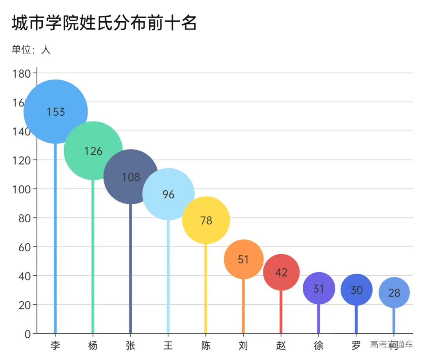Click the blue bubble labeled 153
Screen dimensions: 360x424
coord(56,112)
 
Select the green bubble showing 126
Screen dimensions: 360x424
coord(93,151)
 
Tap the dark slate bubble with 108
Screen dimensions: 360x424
coord(131,177)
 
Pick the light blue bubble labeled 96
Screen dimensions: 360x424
coord(168,194)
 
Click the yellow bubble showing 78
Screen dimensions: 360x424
coord(206,220)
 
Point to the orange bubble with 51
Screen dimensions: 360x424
coord(243,259)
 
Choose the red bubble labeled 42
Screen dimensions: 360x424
coord(281,272)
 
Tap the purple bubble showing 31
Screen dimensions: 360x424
coord(319,289)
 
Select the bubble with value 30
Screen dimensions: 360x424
coord(356,290)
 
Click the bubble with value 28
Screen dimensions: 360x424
coord(394,293)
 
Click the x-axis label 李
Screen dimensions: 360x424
coord(55,345)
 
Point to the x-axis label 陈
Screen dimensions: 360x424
coord(206,345)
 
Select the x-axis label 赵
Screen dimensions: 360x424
coord(281,345)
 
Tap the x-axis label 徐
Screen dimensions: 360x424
coord(319,345)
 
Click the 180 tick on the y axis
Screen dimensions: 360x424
coord(22,73)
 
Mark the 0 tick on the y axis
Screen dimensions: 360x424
coord(27,334)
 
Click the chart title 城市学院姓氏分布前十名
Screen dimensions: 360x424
coord(104,23)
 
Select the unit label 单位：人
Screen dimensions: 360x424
coord(31,50)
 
